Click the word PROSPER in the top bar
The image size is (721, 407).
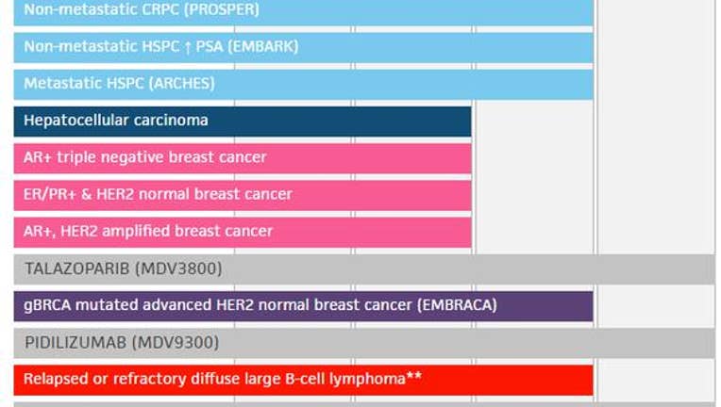click(221, 9)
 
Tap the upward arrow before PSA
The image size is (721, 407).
click(187, 47)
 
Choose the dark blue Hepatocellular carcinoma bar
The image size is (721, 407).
click(243, 122)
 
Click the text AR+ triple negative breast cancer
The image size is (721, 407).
click(144, 157)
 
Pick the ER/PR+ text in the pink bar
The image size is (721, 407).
click(50, 194)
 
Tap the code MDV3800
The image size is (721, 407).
click(179, 269)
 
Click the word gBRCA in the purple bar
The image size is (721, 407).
click(47, 305)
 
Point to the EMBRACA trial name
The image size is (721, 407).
click(457, 305)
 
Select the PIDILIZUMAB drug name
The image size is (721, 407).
click(75, 342)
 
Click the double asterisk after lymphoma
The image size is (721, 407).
click(414, 376)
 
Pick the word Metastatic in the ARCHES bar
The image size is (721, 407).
click(63, 83)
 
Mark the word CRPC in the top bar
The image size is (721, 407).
click(165, 9)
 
